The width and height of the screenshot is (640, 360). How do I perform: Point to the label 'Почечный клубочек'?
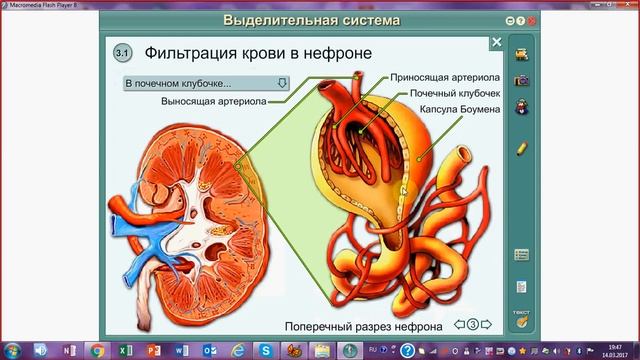447,92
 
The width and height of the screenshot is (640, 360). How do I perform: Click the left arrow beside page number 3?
458,324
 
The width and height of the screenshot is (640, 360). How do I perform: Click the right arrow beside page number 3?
488,324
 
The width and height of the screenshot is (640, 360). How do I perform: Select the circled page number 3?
473,324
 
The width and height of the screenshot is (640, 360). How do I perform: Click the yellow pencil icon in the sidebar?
521,148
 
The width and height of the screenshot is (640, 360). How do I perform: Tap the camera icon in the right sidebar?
521,79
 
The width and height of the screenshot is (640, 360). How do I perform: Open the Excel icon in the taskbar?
122,350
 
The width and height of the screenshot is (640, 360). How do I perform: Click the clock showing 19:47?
613,347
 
